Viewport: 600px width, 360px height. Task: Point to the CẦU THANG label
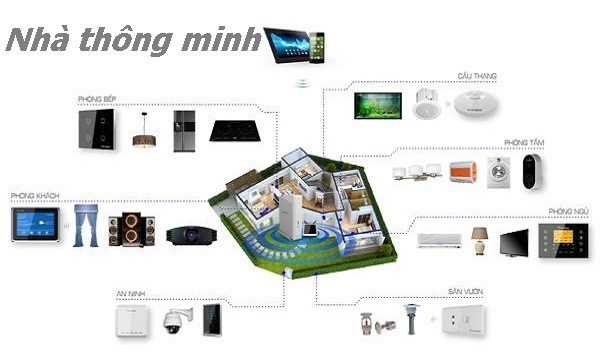(478, 76)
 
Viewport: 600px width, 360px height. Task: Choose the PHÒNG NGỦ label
(567, 211)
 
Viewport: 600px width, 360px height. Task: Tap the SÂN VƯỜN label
(466, 293)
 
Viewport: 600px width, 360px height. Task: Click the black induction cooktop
(232, 130)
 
